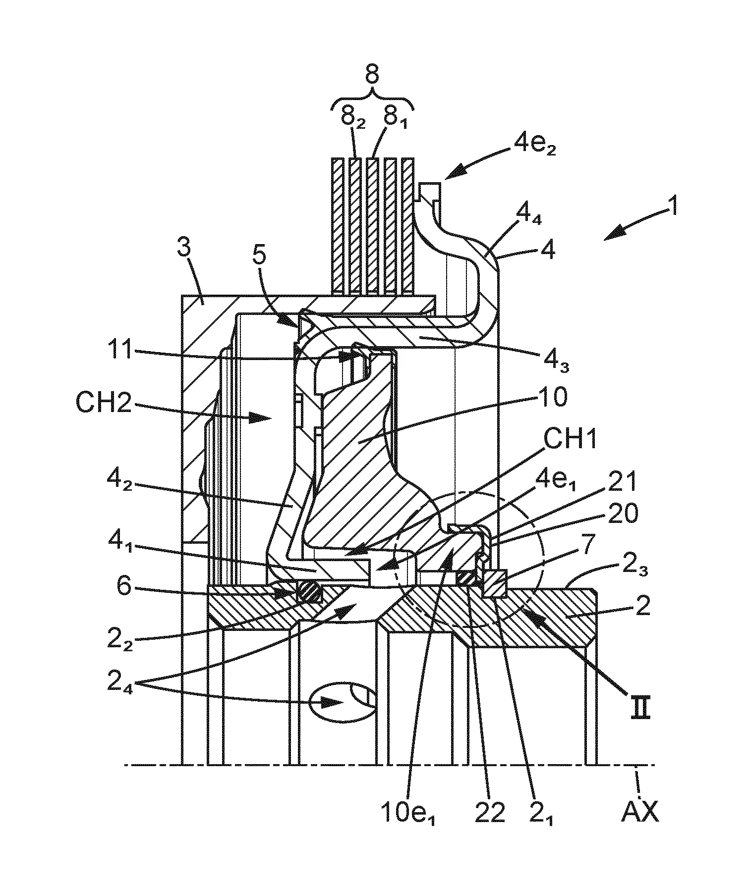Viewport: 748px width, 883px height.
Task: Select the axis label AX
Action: [640, 813]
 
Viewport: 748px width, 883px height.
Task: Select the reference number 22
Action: [490, 813]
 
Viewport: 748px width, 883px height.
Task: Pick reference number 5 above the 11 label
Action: [260, 257]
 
